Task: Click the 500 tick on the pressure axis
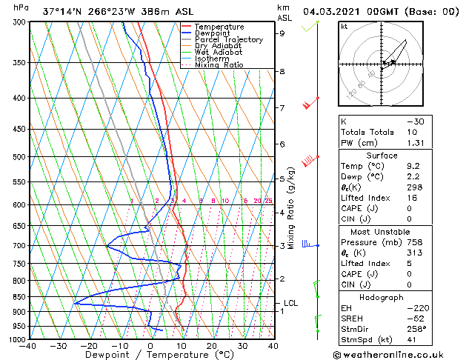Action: pos(18,157)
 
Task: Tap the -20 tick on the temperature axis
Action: pos(89,346)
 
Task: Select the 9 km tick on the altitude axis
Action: pos(282,33)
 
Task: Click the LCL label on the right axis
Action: pos(291,303)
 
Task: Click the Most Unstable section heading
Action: pos(377,231)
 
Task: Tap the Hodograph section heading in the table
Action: pos(377,296)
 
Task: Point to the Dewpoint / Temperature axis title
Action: pos(150,356)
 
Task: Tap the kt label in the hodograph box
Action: pos(344,27)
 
